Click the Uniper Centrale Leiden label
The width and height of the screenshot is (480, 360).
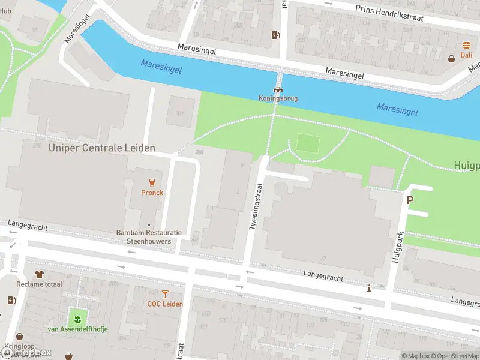(x=101, y=148)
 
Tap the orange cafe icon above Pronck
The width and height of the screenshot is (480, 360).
(x=152, y=182)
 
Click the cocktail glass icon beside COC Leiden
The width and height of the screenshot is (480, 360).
(x=165, y=293)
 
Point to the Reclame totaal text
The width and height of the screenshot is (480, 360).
(x=39, y=284)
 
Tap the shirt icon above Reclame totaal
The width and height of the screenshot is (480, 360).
(x=39, y=274)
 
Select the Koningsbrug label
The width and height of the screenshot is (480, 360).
(x=278, y=98)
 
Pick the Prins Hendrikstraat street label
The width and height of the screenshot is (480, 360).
(x=389, y=14)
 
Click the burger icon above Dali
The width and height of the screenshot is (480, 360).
(x=466, y=46)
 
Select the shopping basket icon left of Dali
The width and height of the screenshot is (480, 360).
(x=451, y=58)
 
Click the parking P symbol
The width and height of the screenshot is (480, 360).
(x=410, y=200)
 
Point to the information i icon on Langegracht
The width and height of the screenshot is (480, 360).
(x=369, y=289)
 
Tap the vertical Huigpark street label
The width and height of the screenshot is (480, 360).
(x=396, y=246)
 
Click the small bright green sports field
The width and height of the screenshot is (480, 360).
(x=308, y=143)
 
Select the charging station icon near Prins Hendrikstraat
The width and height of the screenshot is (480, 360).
(x=275, y=35)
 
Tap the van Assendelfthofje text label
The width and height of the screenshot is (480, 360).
(x=76, y=329)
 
